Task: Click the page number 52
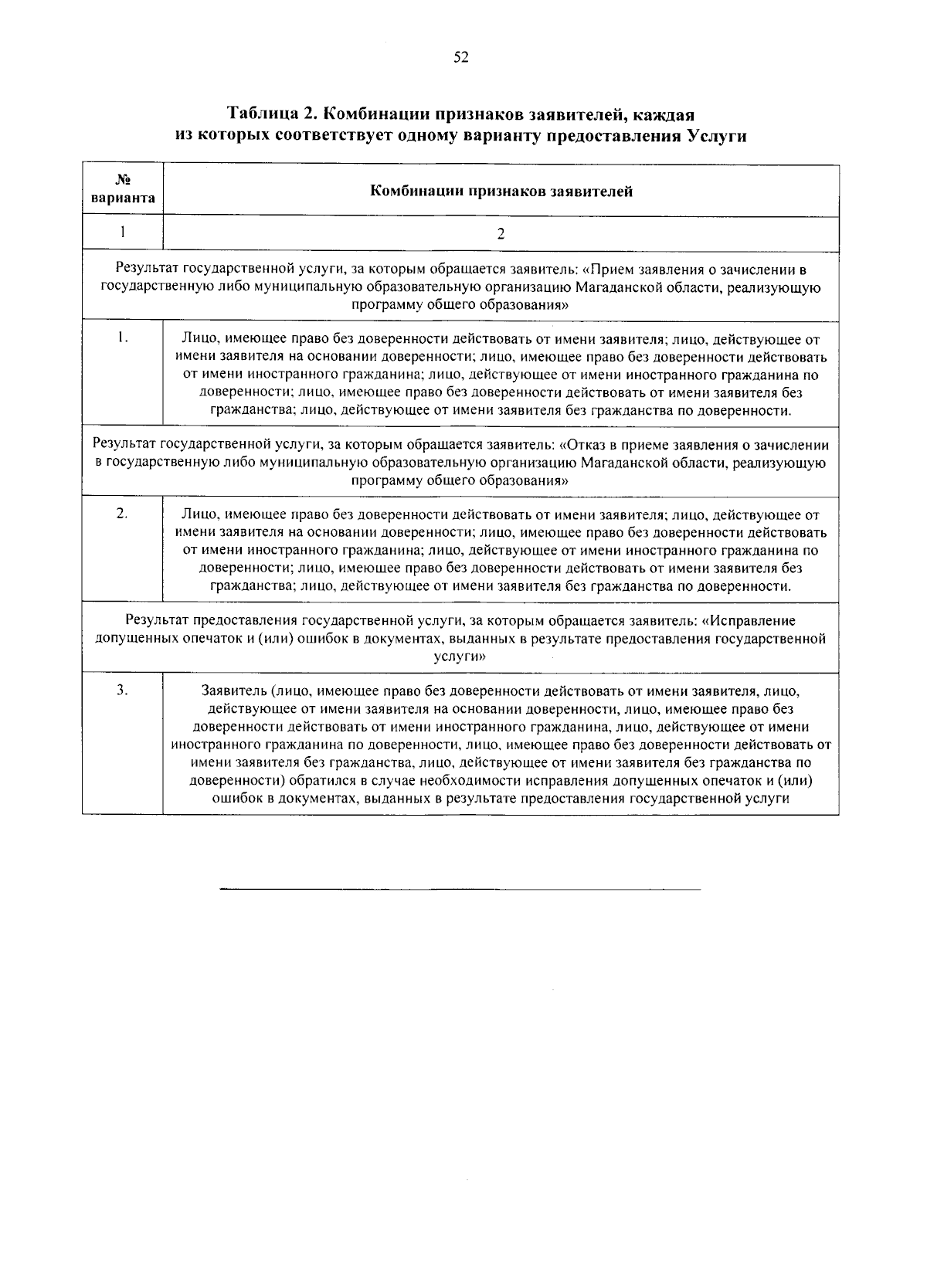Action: pyautogui.click(x=461, y=57)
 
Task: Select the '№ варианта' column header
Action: pyautogui.click(x=123, y=189)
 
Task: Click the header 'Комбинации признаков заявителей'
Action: pyautogui.click(x=501, y=191)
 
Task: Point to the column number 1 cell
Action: pyautogui.click(x=123, y=232)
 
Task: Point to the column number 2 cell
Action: pyautogui.click(x=501, y=233)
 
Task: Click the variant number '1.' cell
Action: pyautogui.click(x=123, y=338)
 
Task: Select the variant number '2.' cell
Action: pyautogui.click(x=123, y=514)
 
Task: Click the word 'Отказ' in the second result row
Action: pyautogui.click(x=586, y=445)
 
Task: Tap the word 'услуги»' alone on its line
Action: pyautogui.click(x=460, y=657)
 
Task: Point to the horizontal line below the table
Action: pyautogui.click(x=460, y=890)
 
